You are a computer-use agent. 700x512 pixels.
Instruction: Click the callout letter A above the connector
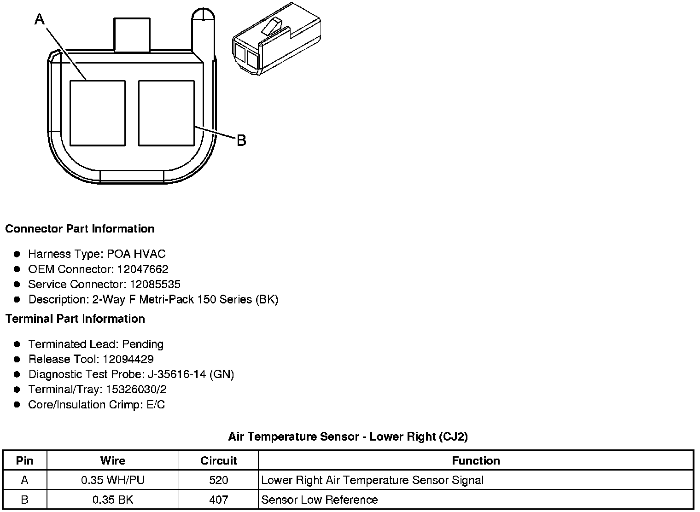[40, 19]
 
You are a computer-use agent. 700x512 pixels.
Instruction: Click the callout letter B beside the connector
[242, 140]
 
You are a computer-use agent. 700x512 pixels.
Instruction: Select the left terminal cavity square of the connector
[98, 113]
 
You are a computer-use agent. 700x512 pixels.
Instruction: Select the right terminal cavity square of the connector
[166, 113]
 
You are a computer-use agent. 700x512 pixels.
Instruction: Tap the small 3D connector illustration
[277, 39]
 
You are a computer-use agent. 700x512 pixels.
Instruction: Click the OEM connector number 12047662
[143, 269]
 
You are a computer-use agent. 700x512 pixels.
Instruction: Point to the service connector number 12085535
[155, 284]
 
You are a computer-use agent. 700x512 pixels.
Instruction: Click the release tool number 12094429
[128, 359]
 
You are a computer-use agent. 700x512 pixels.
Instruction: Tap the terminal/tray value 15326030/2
[136, 389]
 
